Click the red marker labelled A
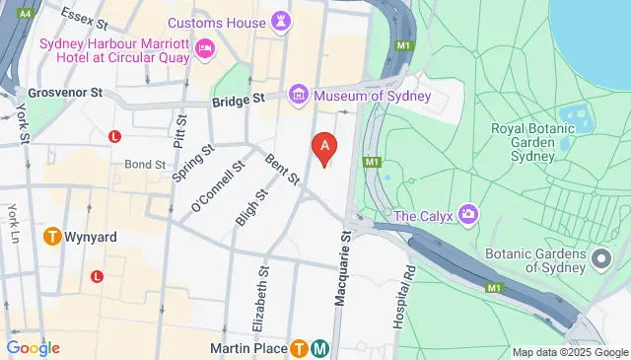coord(325,148)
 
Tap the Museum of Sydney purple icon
coord(299,96)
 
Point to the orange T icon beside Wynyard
coord(52,237)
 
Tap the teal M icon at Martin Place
coord(320,348)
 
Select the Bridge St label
coord(238,100)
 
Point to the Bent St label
coord(282,168)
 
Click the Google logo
coord(33,347)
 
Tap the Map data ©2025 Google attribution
coord(569,352)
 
